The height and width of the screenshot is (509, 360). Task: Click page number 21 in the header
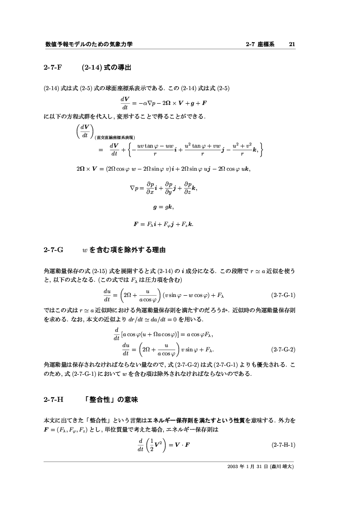[x=292, y=44]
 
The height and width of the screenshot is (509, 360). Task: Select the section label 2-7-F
[x=53, y=67]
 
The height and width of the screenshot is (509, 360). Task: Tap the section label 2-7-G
[x=53, y=250]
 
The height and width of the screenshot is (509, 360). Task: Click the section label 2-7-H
[x=53, y=400]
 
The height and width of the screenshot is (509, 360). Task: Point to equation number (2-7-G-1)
[x=283, y=295]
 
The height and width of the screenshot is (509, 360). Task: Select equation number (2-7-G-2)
[x=283, y=349]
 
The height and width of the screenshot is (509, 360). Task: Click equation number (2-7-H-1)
[x=283, y=445]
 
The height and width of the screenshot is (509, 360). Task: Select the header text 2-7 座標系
[x=260, y=44]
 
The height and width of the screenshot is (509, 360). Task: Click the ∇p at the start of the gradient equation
[x=134, y=189]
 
